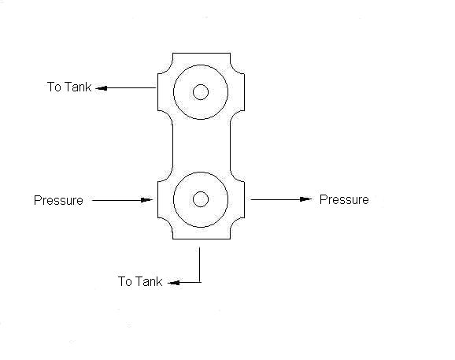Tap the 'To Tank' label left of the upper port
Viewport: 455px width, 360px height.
point(69,87)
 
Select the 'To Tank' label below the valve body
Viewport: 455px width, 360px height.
point(140,281)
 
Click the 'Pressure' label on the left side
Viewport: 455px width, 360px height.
point(58,200)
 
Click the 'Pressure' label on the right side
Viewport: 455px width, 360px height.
point(344,199)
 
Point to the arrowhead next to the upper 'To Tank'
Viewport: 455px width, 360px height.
point(102,88)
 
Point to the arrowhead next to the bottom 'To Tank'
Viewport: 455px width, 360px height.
point(174,283)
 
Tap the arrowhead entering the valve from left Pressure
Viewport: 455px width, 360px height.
point(146,200)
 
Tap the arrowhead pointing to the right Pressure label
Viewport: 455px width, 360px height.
point(306,199)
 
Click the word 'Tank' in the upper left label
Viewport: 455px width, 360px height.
point(78,87)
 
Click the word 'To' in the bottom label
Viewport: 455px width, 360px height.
point(124,281)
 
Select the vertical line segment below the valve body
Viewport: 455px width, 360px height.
point(200,265)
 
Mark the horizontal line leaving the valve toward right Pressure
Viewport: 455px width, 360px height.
point(281,199)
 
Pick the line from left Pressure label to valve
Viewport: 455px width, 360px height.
point(123,200)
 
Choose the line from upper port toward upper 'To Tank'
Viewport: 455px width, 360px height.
point(126,88)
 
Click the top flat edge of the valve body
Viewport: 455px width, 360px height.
point(202,53)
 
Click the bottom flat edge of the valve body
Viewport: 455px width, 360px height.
point(202,239)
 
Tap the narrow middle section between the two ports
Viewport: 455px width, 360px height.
point(202,146)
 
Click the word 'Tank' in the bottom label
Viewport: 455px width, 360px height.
point(149,281)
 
